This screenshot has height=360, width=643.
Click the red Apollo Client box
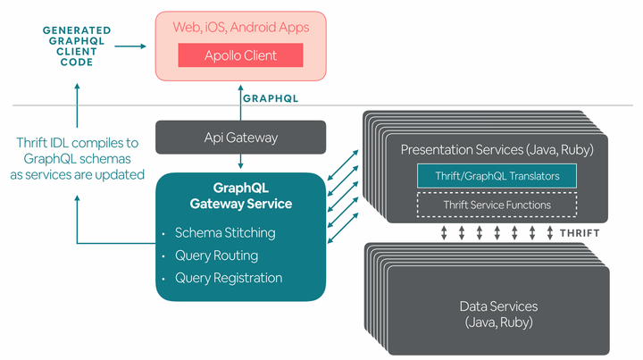[x=239, y=55]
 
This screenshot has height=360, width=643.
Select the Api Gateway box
[x=241, y=138]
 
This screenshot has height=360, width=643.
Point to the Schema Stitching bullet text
[x=225, y=233]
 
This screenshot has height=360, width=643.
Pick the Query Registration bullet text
[x=229, y=278]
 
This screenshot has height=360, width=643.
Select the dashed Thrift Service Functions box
[x=497, y=205]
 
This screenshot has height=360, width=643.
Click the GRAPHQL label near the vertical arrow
[x=271, y=99]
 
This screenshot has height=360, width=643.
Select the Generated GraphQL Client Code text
[x=79, y=43]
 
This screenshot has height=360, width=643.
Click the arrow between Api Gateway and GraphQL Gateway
[x=240, y=161]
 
